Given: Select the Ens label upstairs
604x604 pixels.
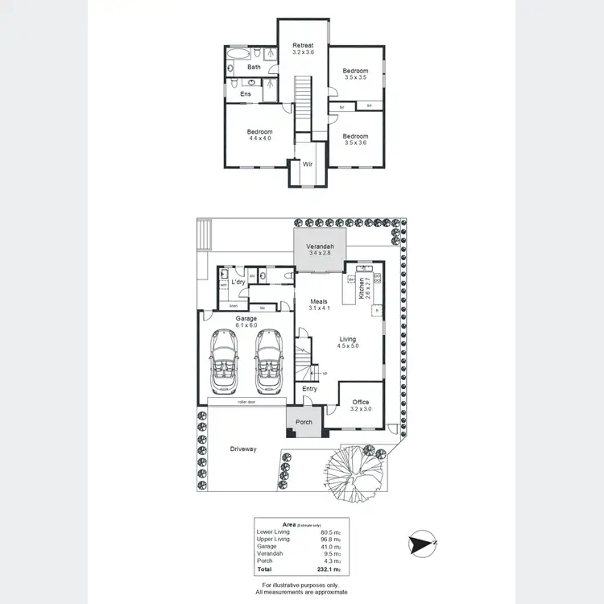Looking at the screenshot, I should click(246, 94).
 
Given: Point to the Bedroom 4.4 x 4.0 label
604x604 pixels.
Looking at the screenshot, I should click(259, 135).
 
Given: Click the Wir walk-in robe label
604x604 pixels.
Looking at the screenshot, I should click(308, 164).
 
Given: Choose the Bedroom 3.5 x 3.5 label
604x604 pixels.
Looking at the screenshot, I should click(355, 73).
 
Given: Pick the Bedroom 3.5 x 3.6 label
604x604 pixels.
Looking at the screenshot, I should click(355, 139).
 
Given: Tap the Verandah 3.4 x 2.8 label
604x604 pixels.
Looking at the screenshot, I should click(320, 250).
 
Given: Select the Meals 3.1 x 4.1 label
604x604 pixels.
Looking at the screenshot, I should click(320, 304).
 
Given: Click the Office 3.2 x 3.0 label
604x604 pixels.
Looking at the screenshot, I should click(360, 405).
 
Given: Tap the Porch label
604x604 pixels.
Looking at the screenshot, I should click(304, 422).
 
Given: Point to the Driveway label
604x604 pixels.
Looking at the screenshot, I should click(242, 449).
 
